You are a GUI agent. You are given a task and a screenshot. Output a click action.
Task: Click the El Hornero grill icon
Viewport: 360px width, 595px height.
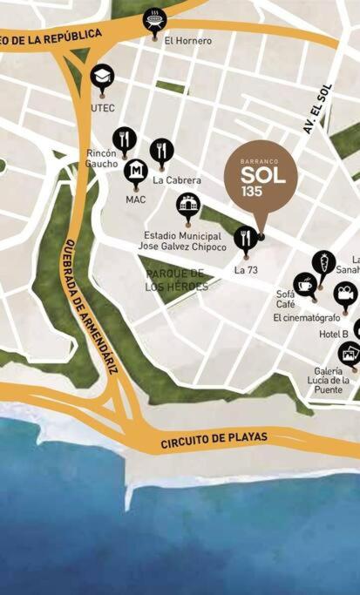coord(153,17)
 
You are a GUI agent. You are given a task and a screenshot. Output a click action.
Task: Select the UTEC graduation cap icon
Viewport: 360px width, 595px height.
coord(102,76)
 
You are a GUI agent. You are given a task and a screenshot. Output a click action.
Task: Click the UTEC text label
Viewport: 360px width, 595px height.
coord(103,108)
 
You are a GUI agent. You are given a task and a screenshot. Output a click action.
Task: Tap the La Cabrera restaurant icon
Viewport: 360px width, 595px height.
coord(161,151)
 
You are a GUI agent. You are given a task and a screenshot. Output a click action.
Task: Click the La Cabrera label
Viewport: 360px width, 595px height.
coord(177,180)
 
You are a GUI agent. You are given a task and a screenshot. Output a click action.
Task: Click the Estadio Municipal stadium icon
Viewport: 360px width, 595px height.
coord(188,206)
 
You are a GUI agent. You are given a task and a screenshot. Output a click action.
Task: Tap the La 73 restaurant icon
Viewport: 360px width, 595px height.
coord(246,236)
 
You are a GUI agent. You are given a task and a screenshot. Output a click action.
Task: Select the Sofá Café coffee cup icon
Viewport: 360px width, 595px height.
coord(305,284)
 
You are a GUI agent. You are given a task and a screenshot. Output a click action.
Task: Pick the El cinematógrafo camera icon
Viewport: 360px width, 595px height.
coord(345,294)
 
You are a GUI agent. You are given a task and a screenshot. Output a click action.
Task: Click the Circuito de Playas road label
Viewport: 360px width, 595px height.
coord(214,440)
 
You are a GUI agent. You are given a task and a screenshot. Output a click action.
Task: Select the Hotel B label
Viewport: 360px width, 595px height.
coord(333,335)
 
